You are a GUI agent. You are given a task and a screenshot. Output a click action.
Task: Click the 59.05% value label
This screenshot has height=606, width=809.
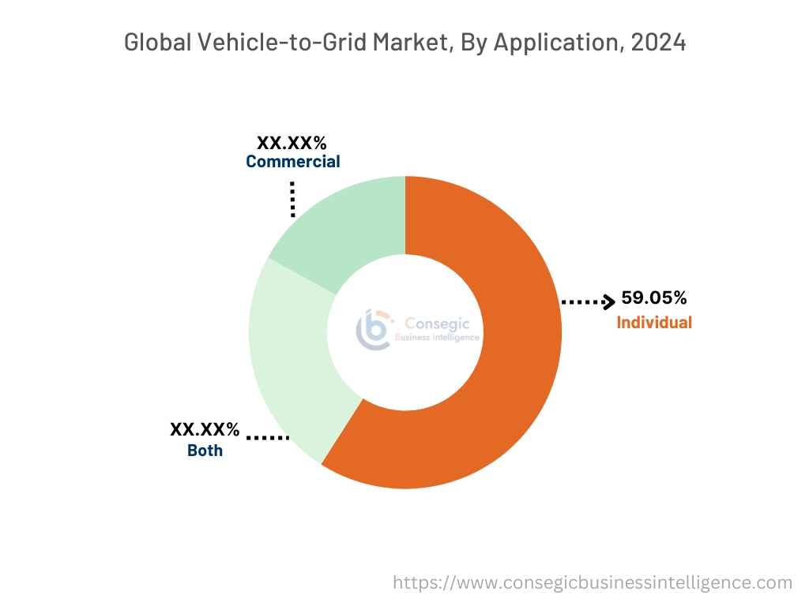pos(653,298)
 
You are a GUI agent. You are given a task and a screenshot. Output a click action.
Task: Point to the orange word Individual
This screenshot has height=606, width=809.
pos(654,322)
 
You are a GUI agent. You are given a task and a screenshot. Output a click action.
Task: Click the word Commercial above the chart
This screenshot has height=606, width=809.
pos(292,162)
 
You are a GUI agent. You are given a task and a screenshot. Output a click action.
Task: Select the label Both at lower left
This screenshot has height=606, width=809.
pos(205,451)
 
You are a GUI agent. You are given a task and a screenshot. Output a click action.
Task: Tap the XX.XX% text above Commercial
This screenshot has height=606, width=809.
pos(292,143)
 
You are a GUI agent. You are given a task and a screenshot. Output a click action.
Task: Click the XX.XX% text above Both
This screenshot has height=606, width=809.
pos(205,429)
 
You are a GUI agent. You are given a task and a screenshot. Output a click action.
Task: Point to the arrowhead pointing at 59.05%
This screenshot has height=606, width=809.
pos(608,301)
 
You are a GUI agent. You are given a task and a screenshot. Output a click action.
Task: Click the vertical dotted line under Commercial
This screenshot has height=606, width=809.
pos(292,199)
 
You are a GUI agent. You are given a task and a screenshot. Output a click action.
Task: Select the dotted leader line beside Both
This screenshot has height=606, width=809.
pos(268,436)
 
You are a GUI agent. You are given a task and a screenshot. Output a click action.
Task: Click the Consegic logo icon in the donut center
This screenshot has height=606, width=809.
pos(373,330)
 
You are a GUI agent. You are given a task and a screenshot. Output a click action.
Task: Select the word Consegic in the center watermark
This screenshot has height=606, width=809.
pos(437,324)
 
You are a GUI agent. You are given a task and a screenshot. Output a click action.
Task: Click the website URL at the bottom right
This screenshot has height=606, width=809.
pos(593,583)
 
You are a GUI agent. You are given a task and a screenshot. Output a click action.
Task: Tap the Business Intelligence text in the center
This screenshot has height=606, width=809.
pos(437,338)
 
